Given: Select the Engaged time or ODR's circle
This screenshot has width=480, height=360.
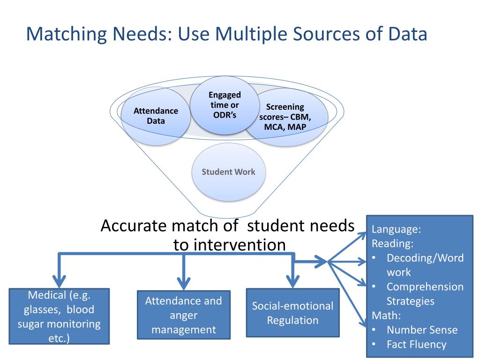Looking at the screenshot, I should (225, 105).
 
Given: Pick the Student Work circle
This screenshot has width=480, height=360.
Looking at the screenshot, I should (228, 172).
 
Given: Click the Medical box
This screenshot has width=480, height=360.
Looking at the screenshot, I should (59, 316).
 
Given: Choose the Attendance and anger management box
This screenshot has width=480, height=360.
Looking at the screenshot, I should (183, 315).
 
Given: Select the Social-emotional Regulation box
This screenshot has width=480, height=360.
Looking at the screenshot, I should (292, 313).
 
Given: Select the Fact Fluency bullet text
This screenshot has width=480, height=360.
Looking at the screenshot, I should (416, 345).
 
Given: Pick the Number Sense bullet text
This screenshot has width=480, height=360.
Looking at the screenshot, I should (422, 330).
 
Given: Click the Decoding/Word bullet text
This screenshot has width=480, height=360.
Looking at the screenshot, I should (425, 258).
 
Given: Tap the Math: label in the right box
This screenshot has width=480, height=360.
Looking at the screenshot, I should (386, 315).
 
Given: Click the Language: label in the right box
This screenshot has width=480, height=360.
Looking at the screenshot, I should (397, 230).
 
